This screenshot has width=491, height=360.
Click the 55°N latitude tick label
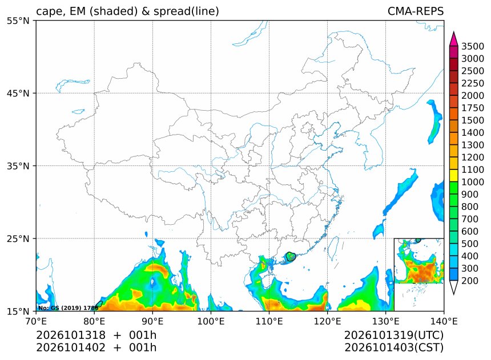tap(18, 21)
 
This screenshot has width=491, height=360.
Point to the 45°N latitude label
tap(18, 94)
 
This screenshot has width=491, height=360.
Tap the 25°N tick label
tap(18, 239)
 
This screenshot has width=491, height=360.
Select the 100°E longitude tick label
tap(211, 321)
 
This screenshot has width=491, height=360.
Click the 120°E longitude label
tap(327, 321)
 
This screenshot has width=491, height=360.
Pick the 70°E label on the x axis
tap(36, 321)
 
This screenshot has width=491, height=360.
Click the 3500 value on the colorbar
tap(473, 46)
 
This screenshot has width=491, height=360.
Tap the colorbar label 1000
tap(473, 182)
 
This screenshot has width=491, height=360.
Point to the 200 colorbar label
tap(470, 281)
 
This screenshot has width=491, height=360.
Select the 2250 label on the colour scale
tap(473, 83)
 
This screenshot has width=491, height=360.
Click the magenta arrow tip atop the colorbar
tap(453, 31)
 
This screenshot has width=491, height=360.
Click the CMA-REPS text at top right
tap(416, 11)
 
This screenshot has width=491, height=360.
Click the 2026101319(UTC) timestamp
tap(394, 335)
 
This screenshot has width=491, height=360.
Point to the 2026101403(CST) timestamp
tap(394, 347)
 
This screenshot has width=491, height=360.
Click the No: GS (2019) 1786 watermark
tap(69, 308)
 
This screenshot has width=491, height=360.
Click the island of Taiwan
tap(334, 246)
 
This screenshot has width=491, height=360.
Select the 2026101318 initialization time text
tap(71, 335)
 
